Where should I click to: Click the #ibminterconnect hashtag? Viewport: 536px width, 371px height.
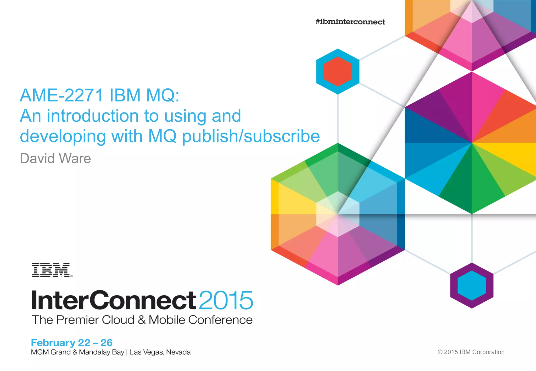tap(350, 22)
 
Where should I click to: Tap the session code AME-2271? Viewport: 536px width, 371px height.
tap(62, 95)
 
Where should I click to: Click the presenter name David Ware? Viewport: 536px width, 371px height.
tap(55, 159)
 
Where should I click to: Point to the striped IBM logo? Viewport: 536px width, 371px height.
tap(52, 270)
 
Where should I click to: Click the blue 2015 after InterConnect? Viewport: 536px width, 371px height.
tap(226, 300)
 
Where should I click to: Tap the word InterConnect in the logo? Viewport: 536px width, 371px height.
tap(114, 300)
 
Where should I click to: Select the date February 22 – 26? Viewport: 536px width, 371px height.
tap(72, 342)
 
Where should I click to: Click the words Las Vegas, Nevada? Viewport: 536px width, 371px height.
tap(160, 352)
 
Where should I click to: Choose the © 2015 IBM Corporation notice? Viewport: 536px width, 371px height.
tap(471, 352)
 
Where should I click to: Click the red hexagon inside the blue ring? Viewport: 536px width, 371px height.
tap(338, 71)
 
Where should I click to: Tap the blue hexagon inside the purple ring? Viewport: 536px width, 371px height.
tap(472, 285)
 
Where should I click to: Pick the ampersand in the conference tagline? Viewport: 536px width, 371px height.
tap(142, 320)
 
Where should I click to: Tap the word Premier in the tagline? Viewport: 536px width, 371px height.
tap(77, 320)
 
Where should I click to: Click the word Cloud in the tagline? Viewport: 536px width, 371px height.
tap(118, 320)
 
